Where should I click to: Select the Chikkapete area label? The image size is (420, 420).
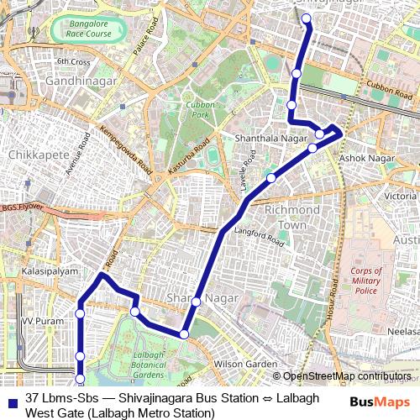pos(33,155)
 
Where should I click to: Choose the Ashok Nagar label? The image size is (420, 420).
pos(362,157)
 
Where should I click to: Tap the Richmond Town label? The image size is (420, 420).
pos(291,216)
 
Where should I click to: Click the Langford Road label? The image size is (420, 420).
pos(260,240)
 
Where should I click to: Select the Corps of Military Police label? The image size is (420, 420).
pos(366,280)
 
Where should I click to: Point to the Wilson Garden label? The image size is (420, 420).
pos(246,364)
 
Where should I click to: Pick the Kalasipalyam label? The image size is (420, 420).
pos(50,272)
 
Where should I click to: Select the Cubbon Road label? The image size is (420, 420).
pos(387,87)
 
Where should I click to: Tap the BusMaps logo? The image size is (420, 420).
pos(381,402)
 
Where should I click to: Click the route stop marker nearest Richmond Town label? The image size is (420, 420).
pos(271,178)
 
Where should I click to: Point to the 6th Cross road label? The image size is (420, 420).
pos(74,62)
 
